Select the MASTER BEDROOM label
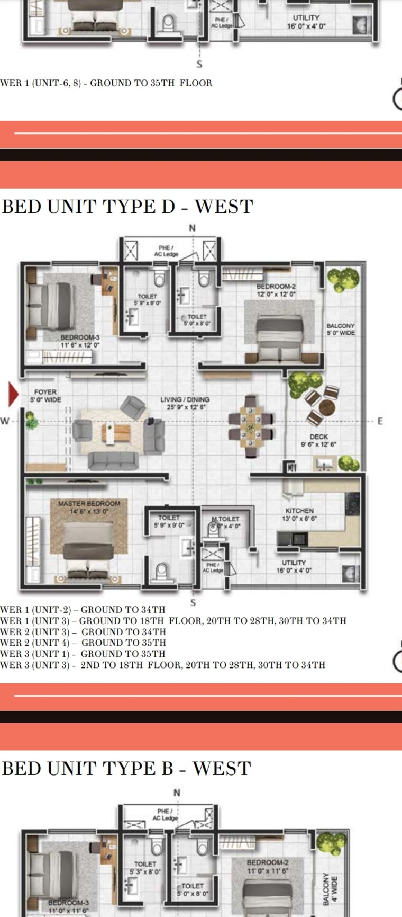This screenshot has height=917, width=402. click(89, 507)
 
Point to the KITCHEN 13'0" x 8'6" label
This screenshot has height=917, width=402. click(299, 514)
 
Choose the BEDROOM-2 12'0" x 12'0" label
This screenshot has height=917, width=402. click(276, 290)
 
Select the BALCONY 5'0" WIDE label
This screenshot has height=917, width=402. click(340, 330)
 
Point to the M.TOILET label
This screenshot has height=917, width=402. click(225, 522)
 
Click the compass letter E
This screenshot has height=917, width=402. click(379, 422)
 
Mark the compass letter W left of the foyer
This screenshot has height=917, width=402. click(5, 422)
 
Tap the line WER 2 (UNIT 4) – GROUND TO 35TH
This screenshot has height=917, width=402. click(83, 643)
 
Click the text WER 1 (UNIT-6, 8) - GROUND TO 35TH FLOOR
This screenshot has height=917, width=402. click(106, 83)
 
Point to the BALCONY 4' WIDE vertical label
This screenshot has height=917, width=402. click(330, 889)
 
